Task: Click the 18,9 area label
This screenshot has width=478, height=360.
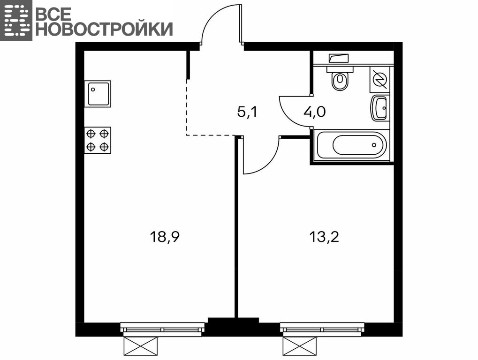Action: tap(165, 237)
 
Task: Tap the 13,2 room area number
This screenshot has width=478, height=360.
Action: tap(324, 237)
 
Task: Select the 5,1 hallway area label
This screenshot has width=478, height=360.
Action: tap(247, 112)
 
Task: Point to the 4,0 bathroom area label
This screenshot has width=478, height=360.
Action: tap(315, 112)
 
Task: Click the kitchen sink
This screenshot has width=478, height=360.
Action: tap(98, 94)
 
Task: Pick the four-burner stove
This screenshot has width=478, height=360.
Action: tap(98, 141)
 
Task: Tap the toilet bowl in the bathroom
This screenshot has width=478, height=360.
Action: tap(340, 79)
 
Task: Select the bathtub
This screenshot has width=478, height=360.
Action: tap(352, 145)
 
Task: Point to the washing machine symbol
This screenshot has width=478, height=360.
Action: tap(380, 79)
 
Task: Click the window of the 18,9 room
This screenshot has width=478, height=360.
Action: tap(162, 330)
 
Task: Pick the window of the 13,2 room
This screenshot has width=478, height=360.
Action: tap(322, 330)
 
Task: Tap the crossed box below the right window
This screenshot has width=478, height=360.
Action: tap(300, 346)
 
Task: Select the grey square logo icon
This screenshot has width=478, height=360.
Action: tap(16, 20)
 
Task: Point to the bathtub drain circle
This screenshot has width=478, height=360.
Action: tap(374, 145)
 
